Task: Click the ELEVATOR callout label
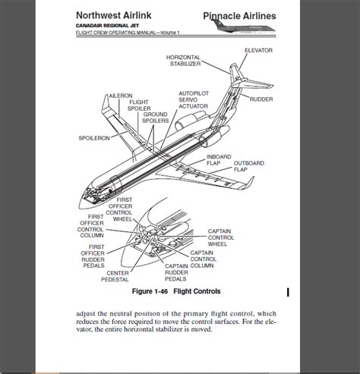(258, 50)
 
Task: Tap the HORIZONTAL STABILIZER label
(184, 61)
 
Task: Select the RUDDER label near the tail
(261, 99)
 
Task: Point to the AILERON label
(121, 96)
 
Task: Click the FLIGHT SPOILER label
(139, 105)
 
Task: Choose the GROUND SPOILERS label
(156, 118)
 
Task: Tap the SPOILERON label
(94, 138)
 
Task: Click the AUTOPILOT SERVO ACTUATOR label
(194, 100)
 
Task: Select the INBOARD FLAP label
(219, 160)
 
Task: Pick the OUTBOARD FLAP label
(249, 166)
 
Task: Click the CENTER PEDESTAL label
(115, 276)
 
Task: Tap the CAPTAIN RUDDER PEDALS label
(176, 272)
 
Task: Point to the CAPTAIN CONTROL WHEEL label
(221, 237)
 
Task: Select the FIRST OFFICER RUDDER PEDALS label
(93, 256)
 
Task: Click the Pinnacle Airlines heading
(239, 16)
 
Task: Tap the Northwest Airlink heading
(114, 15)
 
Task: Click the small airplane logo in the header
(243, 27)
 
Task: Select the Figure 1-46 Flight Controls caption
(176, 291)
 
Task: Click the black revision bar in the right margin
(288, 293)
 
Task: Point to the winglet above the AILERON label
(106, 103)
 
